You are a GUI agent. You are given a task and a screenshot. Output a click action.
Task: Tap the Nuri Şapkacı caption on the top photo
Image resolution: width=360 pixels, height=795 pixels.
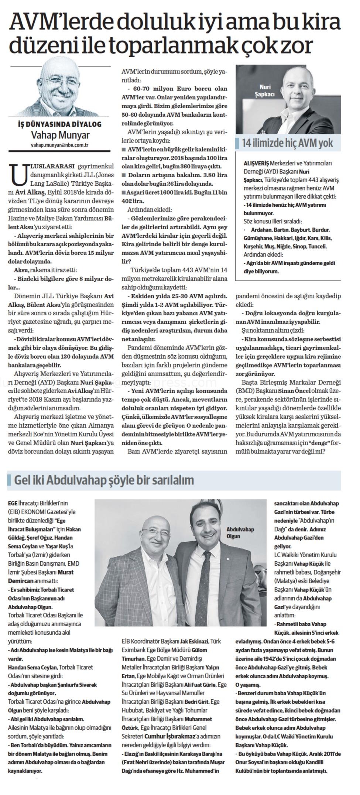coord(265,91)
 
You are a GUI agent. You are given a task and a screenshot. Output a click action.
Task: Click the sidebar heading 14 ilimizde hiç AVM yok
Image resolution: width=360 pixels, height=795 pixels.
coord(287,143)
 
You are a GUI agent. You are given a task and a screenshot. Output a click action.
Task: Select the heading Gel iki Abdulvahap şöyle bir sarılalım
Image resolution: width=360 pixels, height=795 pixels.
coord(103,480)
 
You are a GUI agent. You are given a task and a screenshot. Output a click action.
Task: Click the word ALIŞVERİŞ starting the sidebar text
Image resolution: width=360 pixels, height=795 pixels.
coord(256,163)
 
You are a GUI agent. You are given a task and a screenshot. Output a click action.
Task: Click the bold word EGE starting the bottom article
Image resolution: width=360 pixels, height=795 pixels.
coord(13,503)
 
